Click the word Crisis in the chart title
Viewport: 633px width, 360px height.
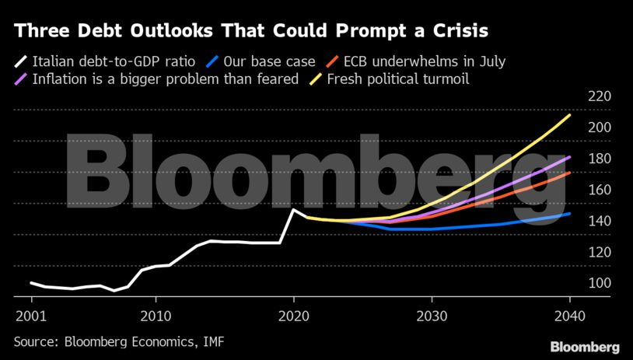click(x=452, y=31)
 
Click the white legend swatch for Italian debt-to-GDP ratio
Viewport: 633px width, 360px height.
click(x=21, y=60)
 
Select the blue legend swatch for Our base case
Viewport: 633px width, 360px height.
click(x=212, y=60)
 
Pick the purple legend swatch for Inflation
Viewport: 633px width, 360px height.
click(x=21, y=79)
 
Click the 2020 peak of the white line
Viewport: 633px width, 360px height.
click(x=293, y=209)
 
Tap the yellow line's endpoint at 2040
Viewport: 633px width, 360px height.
click(x=570, y=115)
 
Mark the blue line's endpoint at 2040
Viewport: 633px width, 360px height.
click(x=570, y=213)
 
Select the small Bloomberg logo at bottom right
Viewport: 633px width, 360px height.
click(x=584, y=346)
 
